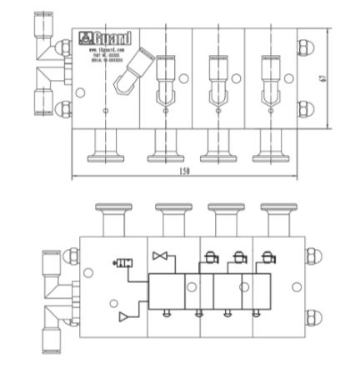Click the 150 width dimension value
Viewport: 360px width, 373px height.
(184, 172)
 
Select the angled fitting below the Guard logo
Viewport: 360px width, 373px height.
(129, 75)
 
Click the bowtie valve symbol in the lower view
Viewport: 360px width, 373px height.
(160, 259)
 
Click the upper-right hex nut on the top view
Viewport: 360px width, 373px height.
(305, 47)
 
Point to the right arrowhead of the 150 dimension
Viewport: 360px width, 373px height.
(296, 177)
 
